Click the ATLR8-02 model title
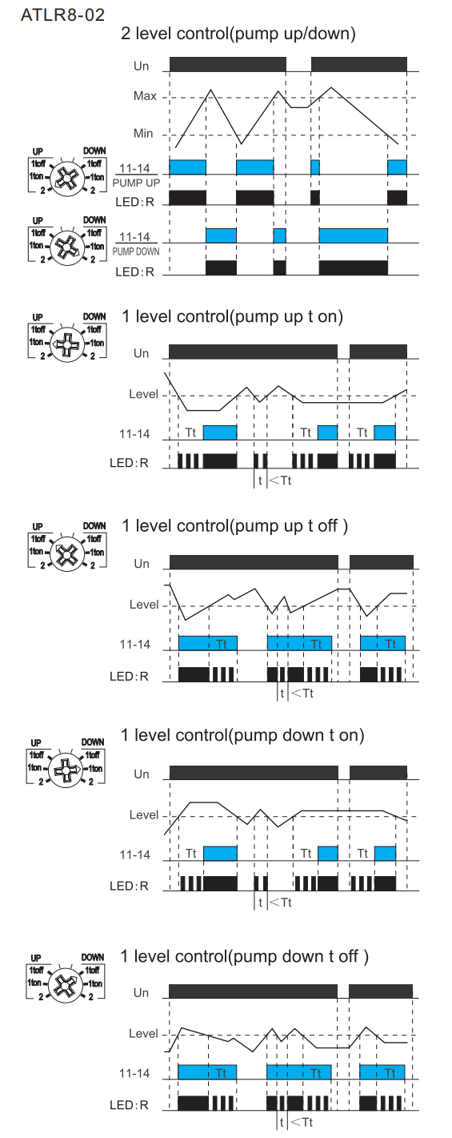pos(63,14)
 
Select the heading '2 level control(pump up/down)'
pos(238,34)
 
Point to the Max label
pos(145,96)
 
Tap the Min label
pos(143,134)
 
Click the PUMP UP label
pos(136,183)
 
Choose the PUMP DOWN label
pos(135,251)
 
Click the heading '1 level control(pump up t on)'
pos(232,316)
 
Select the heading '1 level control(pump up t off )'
pos(235,526)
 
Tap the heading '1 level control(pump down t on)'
pos(242,735)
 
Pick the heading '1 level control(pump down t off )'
pos(245,956)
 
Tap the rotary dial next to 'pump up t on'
pos(67,344)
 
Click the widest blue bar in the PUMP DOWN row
pos(353,235)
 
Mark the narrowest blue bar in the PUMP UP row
pos(315,167)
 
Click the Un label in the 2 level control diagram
pos(141,66)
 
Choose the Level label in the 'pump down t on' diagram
pos(144,815)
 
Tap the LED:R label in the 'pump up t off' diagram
pos(130,676)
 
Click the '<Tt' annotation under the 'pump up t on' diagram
pos(281,481)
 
